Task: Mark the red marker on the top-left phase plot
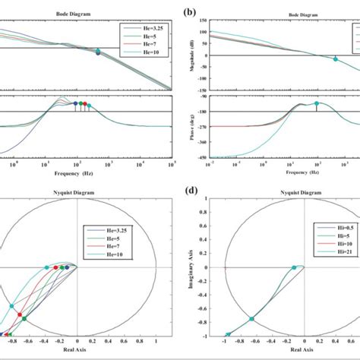[84, 105]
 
